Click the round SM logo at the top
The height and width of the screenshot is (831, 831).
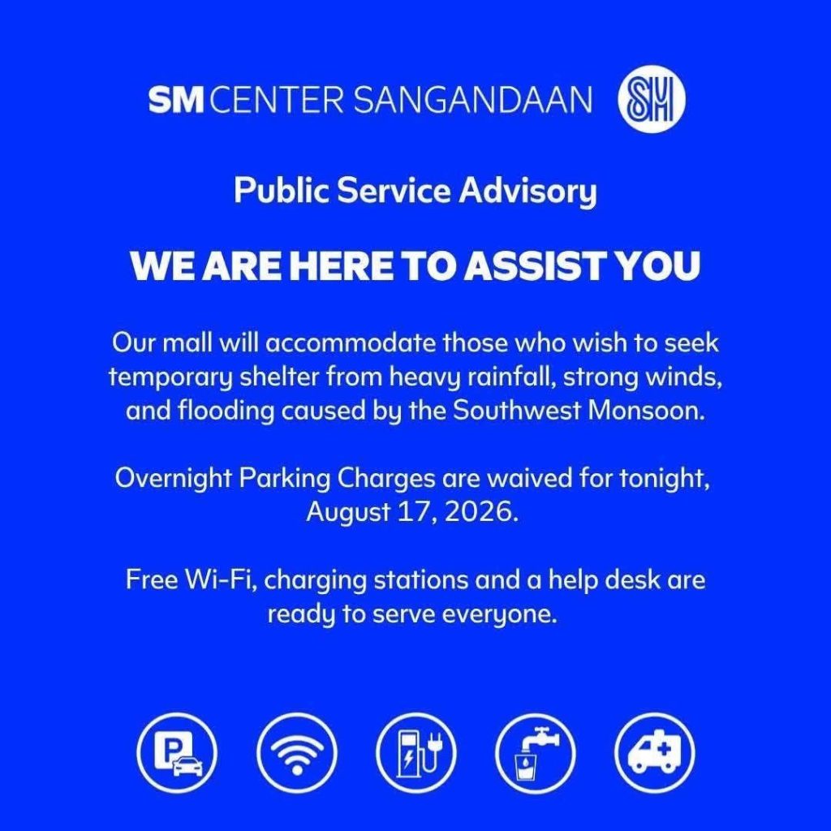click(652, 99)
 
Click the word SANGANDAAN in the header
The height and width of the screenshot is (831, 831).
click(472, 100)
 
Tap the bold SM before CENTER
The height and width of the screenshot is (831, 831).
click(176, 100)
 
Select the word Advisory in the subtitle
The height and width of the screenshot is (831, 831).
click(527, 192)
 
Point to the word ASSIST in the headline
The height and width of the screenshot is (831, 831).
click(536, 265)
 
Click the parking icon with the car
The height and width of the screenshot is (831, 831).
click(177, 753)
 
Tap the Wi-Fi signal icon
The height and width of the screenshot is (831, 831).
click(297, 753)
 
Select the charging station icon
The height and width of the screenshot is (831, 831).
click(416, 753)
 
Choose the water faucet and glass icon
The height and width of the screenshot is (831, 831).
click(536, 753)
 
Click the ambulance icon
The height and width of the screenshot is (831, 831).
click(655, 753)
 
